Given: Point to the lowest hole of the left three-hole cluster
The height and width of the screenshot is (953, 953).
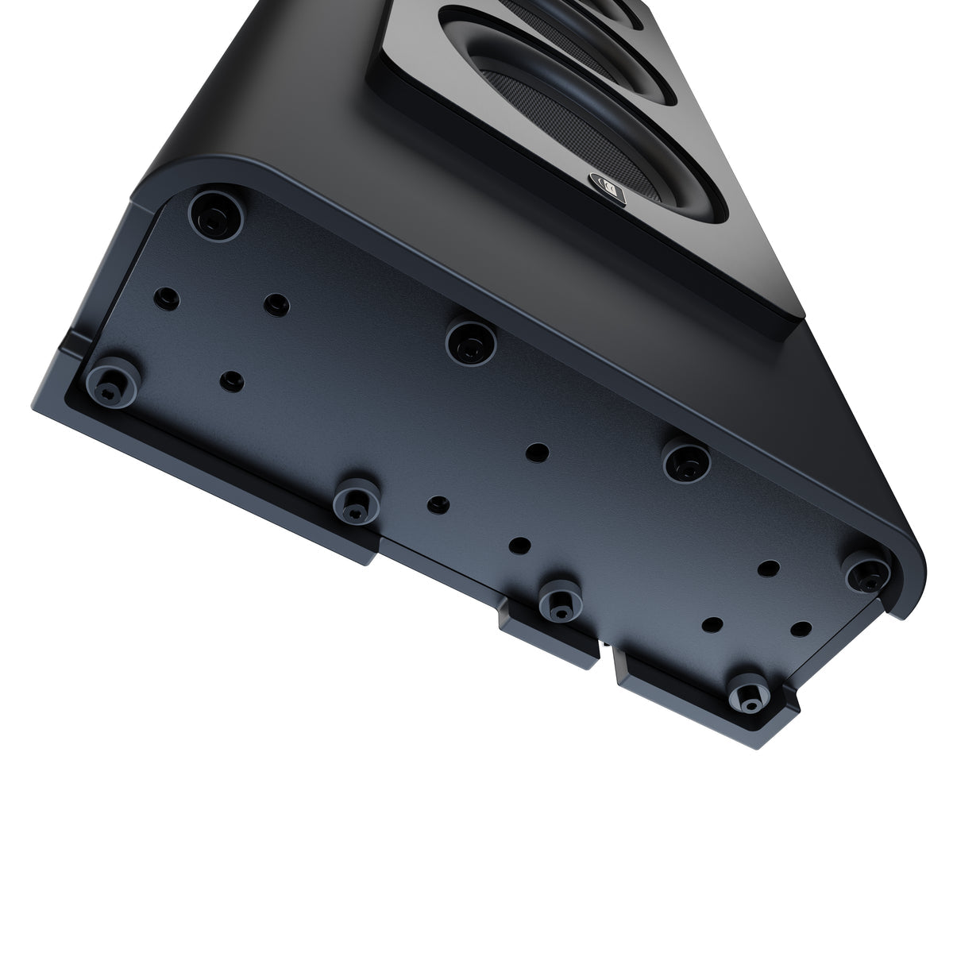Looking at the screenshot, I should tap(231, 382).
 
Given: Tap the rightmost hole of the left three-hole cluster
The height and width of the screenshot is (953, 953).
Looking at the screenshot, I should tap(276, 304).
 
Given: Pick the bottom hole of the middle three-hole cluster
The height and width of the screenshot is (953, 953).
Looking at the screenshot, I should tap(520, 546).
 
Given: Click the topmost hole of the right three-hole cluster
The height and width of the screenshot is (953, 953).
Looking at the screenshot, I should tap(767, 569).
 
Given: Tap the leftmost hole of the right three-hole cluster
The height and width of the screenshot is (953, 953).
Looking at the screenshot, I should tap(713, 623).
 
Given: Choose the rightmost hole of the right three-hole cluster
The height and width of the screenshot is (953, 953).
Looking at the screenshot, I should tap(801, 628).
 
